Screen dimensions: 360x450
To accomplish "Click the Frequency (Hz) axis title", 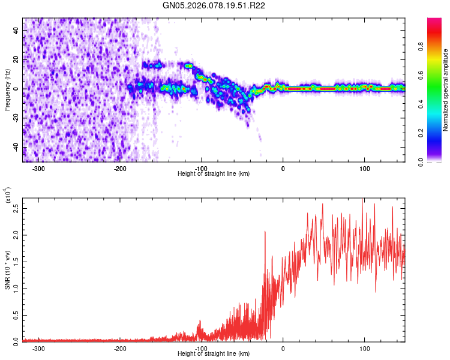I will coord(7,89).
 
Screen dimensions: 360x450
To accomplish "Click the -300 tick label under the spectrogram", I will coord(39,168).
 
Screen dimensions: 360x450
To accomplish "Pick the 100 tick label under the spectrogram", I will coord(364,168).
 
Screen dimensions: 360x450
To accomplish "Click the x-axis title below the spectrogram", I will coord(214,174).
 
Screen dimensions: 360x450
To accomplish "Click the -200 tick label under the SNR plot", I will coord(120,348).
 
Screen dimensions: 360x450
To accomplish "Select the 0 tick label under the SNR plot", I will coord(283,348).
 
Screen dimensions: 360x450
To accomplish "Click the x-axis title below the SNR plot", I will coord(214,354).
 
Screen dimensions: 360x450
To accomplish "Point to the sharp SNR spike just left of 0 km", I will coord(265,232).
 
